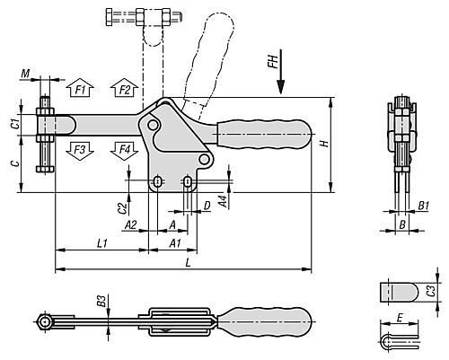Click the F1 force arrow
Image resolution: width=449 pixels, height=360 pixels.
(80, 88)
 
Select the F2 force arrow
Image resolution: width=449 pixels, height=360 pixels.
(124, 88)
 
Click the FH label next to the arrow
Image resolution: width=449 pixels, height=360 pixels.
(273, 61)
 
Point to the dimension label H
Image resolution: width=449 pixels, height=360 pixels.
(324, 144)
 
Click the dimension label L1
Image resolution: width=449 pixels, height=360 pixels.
(102, 243)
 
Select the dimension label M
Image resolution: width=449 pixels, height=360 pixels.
(25, 73)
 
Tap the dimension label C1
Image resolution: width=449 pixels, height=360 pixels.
(15, 124)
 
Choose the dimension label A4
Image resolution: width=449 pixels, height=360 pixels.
(223, 201)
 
